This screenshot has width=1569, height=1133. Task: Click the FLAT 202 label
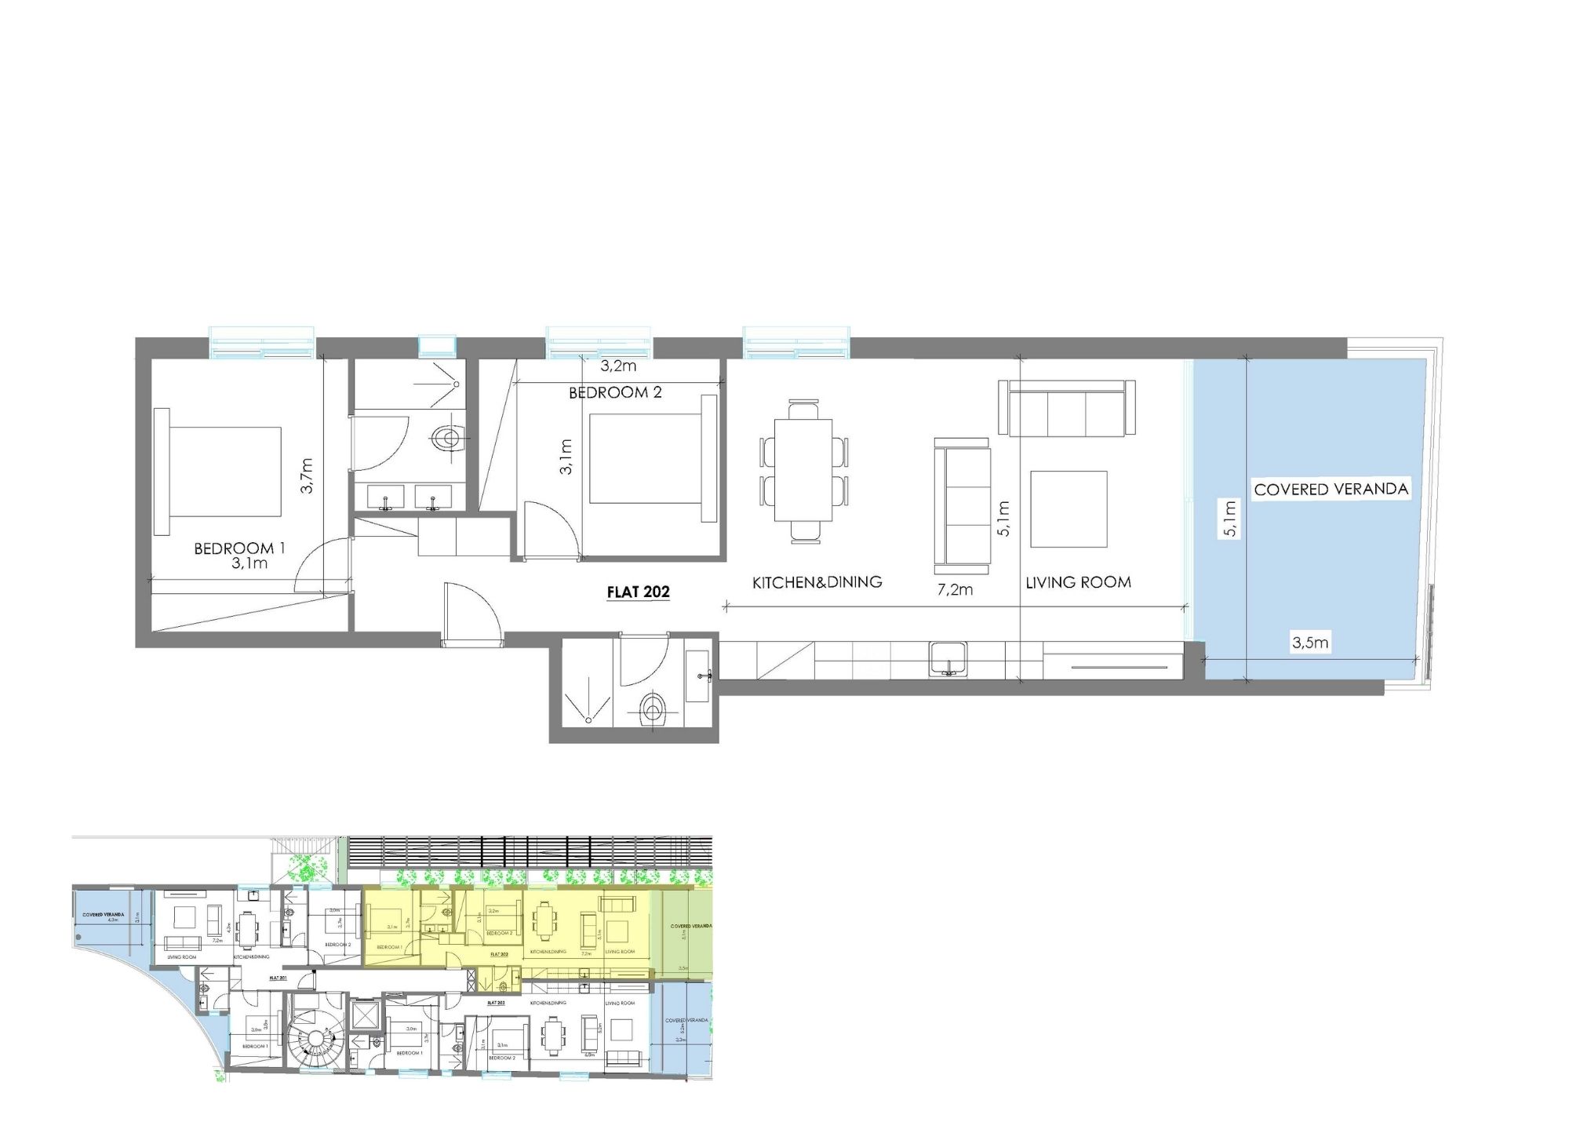tap(638, 592)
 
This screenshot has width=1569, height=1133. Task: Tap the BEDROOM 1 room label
tap(239, 548)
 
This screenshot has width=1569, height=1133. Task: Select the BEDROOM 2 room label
tap(615, 392)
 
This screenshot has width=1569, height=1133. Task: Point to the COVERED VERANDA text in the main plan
tap(1331, 489)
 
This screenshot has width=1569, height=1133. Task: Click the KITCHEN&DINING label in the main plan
tap(817, 582)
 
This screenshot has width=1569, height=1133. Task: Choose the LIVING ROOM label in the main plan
tap(1078, 582)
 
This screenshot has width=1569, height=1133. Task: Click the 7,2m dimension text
tap(955, 589)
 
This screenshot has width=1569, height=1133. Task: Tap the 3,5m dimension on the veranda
tap(1310, 643)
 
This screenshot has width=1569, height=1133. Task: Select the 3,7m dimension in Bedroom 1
tap(307, 475)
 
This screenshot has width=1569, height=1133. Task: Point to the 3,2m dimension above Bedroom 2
tap(618, 366)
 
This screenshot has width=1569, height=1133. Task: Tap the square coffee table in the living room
tap(1068, 508)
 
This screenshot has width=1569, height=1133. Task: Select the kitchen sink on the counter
tap(948, 658)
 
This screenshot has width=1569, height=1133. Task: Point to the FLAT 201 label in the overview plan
tap(278, 978)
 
